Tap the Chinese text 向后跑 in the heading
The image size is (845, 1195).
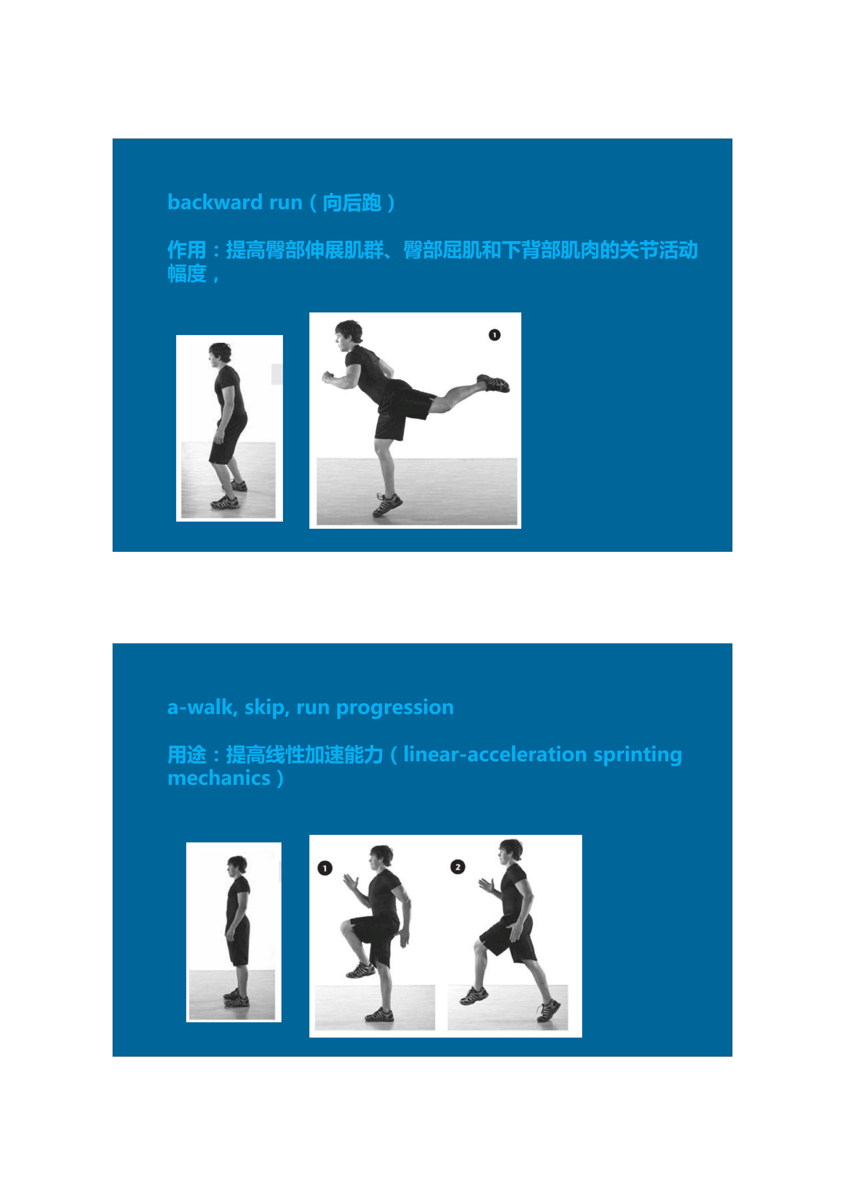pyautogui.click(x=352, y=203)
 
